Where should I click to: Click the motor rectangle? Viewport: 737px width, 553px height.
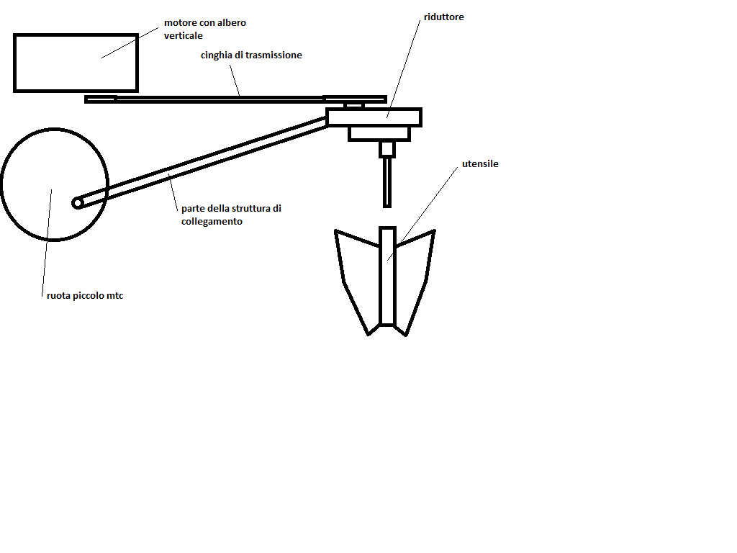tap(76, 63)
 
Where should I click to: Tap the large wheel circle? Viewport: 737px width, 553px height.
tap(55, 184)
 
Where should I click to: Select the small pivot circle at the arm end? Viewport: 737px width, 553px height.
tap(78, 203)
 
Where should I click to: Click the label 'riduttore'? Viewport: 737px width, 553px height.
tap(444, 17)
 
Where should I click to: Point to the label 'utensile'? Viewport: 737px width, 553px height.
tap(480, 164)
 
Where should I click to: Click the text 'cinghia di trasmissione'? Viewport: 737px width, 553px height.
tap(251, 55)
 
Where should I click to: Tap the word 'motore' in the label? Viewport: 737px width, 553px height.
tap(179, 23)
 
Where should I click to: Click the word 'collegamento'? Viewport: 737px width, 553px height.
tap(212, 222)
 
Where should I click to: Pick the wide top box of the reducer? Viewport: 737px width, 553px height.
tap(374, 117)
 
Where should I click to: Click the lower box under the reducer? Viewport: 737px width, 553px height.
tap(379, 133)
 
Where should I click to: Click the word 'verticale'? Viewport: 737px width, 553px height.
tap(183, 35)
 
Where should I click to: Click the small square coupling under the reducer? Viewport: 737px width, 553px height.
tap(387, 149)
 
